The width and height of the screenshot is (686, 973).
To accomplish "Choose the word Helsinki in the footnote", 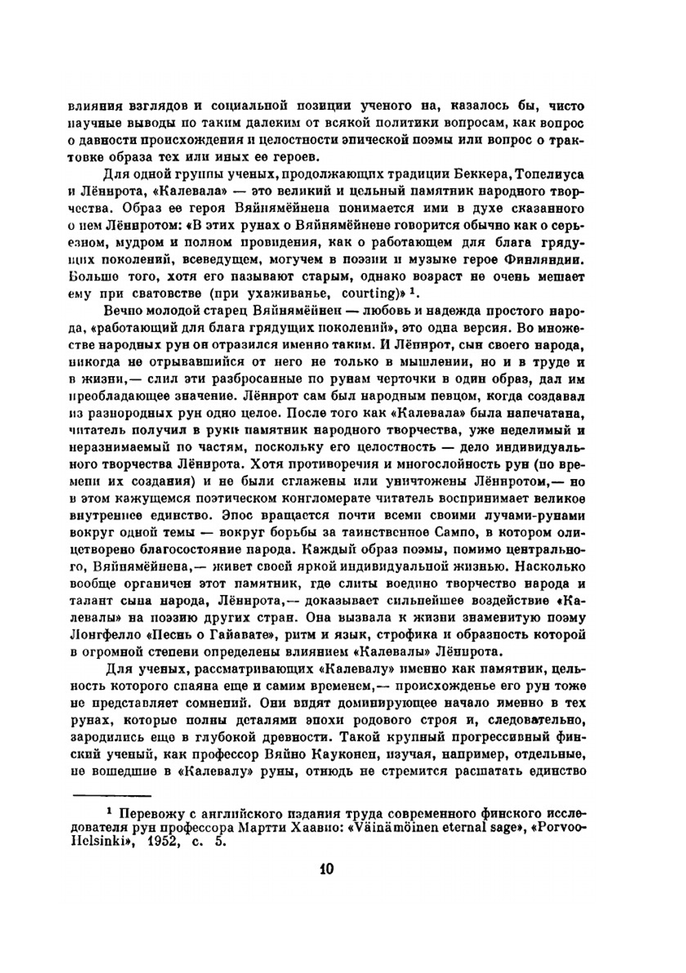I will (x=96, y=843).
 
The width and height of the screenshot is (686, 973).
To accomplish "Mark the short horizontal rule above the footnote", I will (x=110, y=796).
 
